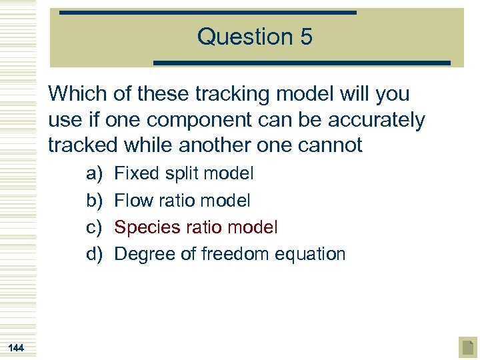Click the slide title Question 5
254,37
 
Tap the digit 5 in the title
305,37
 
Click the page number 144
16,347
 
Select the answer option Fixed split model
184,174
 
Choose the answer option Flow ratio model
182,201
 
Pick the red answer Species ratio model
196,227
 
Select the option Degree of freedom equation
230,254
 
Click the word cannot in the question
331,145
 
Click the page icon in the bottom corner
467,347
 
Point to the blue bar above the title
207,12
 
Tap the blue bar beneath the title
302,63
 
